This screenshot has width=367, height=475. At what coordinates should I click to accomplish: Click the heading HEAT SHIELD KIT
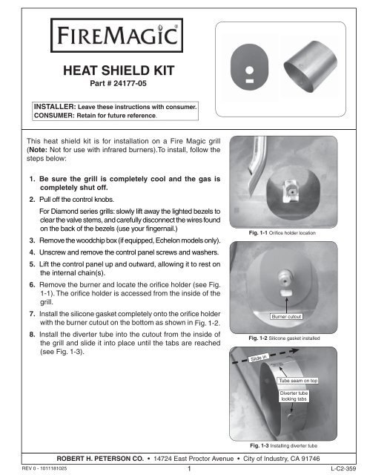click(x=109, y=71)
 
